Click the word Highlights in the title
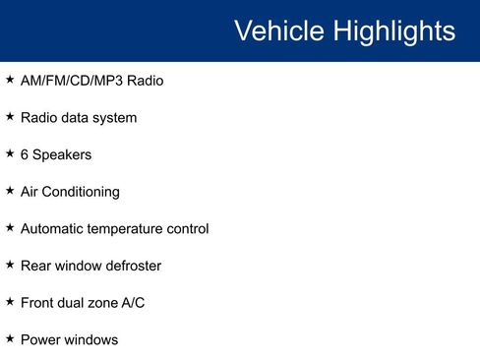[392, 31]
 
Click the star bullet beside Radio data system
[10, 117]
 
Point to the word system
[114, 118]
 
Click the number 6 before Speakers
[25, 154]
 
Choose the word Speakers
[62, 155]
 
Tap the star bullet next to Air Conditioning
[10, 191]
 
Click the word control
[187, 229]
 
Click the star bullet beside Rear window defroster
[10, 265]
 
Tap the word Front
[37, 303]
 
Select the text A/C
[133, 303]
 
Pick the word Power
[39, 339]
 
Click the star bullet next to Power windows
[10, 338]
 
